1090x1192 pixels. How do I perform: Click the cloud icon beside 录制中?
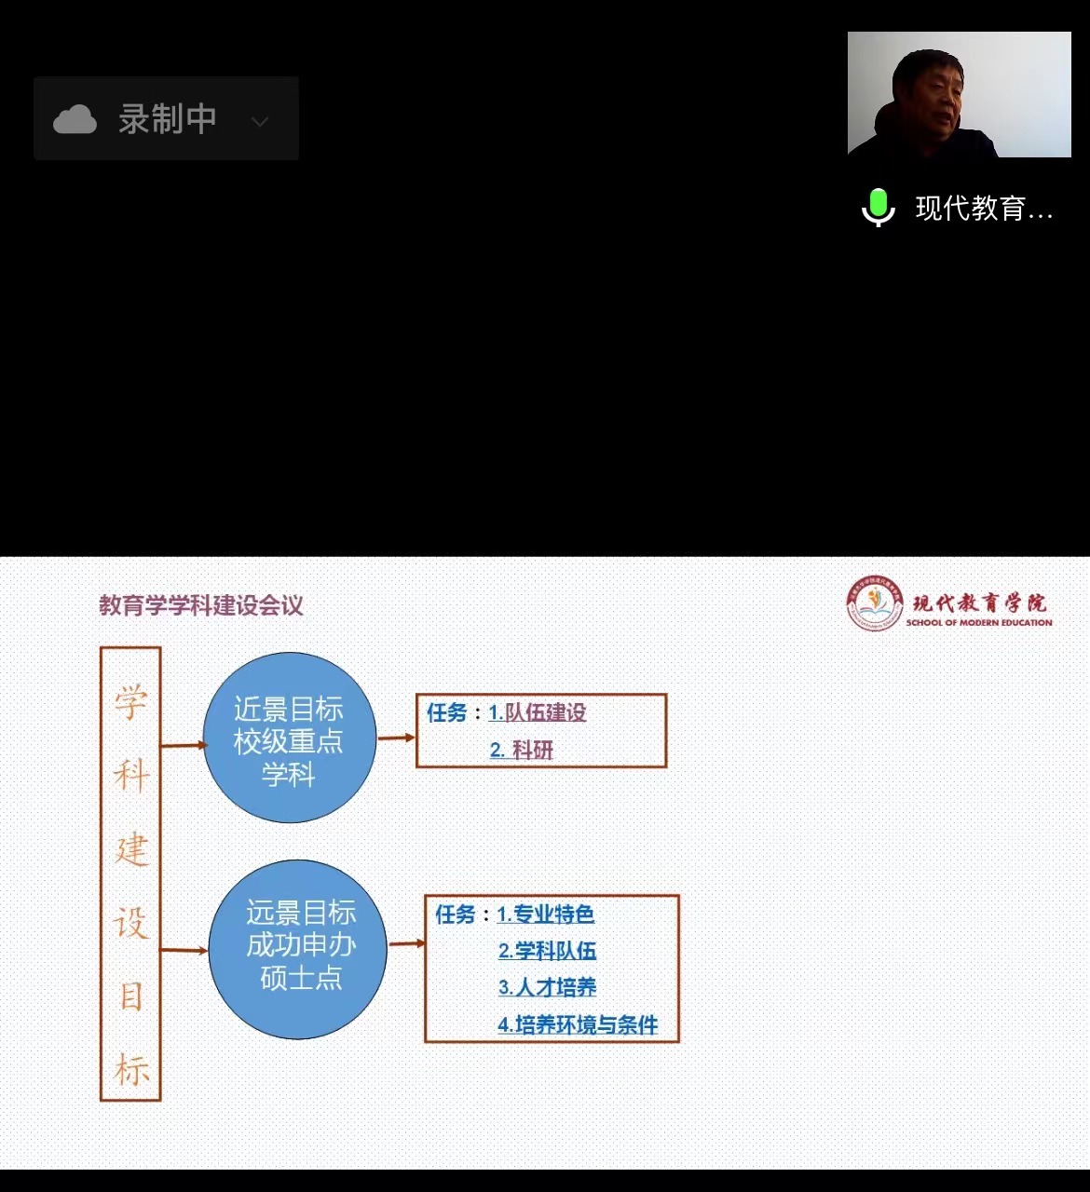tap(75, 119)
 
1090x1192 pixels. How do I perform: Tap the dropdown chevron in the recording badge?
tap(260, 121)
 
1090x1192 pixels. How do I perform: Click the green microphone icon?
tap(878, 207)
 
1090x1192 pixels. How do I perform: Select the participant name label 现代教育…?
tap(984, 209)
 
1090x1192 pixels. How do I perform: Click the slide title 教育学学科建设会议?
tap(201, 606)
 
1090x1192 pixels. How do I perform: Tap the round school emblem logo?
tap(874, 603)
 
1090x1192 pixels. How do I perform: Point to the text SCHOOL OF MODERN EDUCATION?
tap(979, 623)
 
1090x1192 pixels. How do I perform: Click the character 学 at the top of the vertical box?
tap(131, 701)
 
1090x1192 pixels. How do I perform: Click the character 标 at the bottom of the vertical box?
tap(131, 1070)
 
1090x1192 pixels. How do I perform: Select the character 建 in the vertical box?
tap(131, 849)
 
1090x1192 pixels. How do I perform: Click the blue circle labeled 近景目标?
tap(289, 738)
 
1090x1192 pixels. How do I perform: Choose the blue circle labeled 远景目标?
tap(298, 948)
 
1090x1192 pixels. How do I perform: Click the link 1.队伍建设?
tap(538, 713)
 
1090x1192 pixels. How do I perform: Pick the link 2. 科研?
tap(522, 751)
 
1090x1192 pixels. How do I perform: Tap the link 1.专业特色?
tap(546, 914)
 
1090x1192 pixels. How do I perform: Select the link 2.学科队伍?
tap(548, 951)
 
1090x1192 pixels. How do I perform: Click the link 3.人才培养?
tap(548, 987)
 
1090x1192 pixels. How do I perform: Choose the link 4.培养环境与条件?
tap(578, 1025)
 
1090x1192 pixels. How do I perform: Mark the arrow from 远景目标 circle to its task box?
tap(406, 944)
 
